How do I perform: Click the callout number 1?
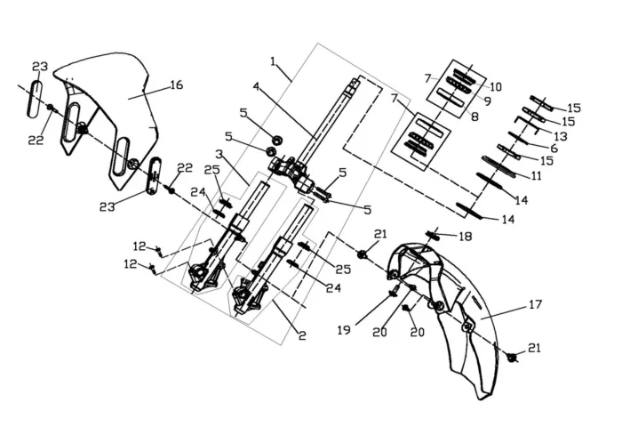275,63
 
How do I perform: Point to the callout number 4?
256,87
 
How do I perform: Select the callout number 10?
496,87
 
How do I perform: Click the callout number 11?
535,175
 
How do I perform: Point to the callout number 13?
559,136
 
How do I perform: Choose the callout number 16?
176,85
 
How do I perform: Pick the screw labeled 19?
394,291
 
